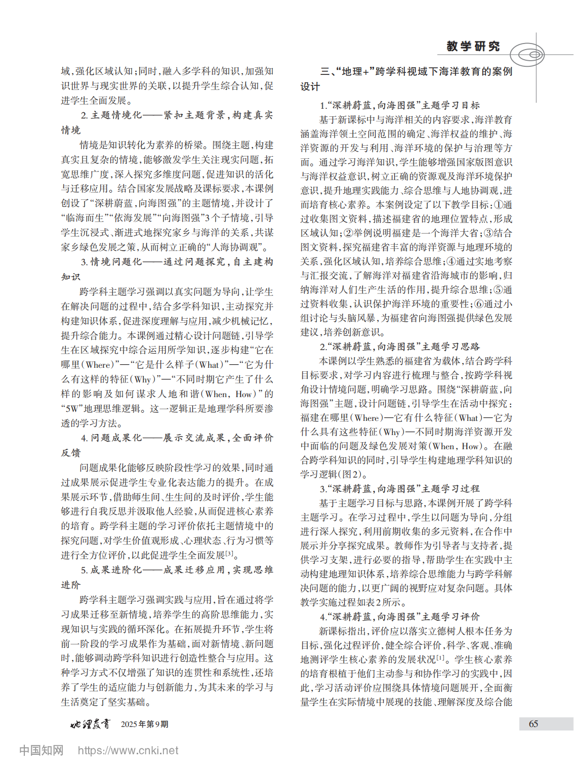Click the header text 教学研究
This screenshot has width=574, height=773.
473,47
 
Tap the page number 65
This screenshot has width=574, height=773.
534,724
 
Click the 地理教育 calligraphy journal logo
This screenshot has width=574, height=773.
90,724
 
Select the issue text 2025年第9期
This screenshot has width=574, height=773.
144,724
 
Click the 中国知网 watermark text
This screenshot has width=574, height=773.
42,750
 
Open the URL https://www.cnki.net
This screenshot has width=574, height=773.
128,751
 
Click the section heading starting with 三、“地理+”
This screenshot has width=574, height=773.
416,72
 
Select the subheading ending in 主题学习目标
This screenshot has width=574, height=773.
400,105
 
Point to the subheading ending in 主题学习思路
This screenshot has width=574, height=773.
400,347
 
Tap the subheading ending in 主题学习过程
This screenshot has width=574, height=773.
400,489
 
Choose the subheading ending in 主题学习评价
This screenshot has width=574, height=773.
400,617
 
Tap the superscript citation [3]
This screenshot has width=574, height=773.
229,553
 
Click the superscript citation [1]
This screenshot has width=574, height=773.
441,658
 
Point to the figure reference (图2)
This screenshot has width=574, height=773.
352,475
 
